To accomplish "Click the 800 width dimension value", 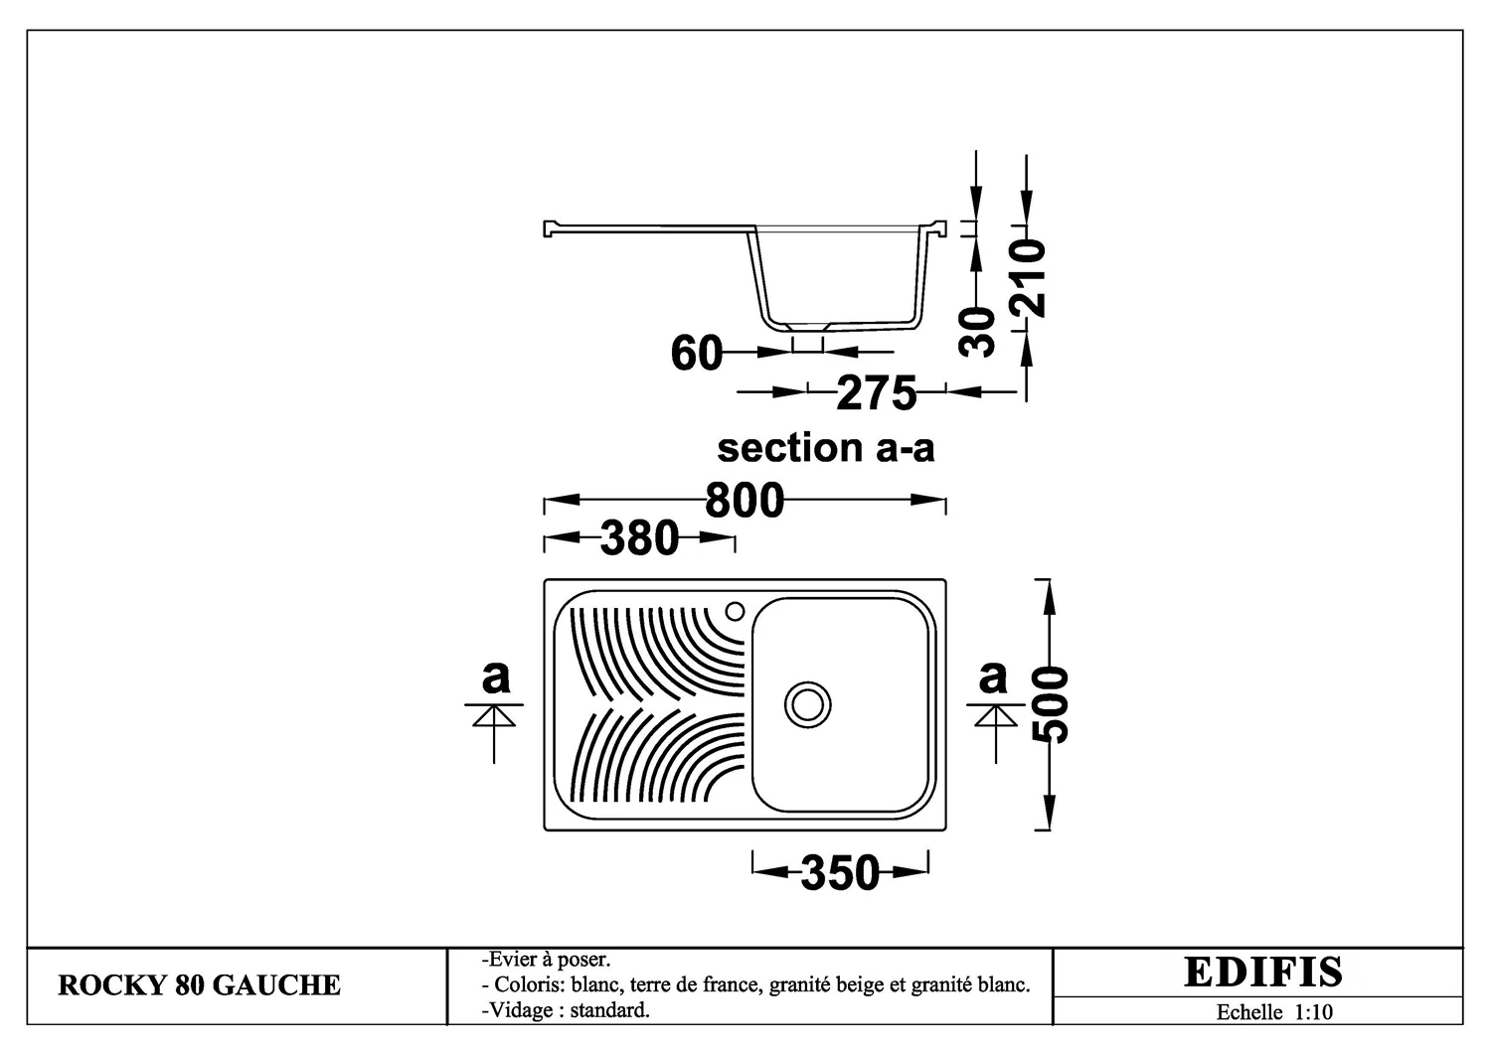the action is (745, 501).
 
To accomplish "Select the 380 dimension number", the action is (640, 537).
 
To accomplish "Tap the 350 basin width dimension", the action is (840, 872).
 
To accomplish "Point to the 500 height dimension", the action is (1050, 704).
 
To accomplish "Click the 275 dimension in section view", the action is (876, 392).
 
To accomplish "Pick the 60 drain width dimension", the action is (696, 353).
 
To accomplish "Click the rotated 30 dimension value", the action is (976, 332).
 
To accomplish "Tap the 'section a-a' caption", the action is (825, 448).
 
